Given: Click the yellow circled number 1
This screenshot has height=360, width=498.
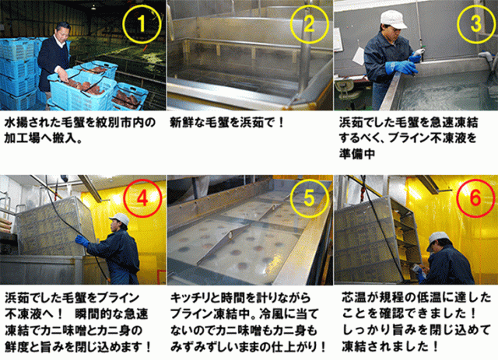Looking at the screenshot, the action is coord(142,24).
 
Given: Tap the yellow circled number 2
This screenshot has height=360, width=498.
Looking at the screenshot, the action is coord(309,24).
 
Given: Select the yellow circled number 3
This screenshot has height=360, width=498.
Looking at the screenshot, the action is coord(476,24).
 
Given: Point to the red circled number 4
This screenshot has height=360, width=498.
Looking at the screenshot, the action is coord(142,198).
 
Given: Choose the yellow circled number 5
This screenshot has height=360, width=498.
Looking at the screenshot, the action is coord(309,198).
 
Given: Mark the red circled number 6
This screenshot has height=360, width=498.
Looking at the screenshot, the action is coord(475,198).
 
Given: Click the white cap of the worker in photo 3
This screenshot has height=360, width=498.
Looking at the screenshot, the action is coord(393,19).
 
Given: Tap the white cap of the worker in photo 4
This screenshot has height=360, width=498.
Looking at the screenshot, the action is coord(120,218).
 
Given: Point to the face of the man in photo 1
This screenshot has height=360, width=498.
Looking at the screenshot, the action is coord(62,32).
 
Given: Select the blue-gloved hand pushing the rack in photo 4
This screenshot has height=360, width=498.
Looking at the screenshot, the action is coord(82,241).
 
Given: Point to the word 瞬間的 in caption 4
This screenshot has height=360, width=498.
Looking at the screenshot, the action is coord(93,314).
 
